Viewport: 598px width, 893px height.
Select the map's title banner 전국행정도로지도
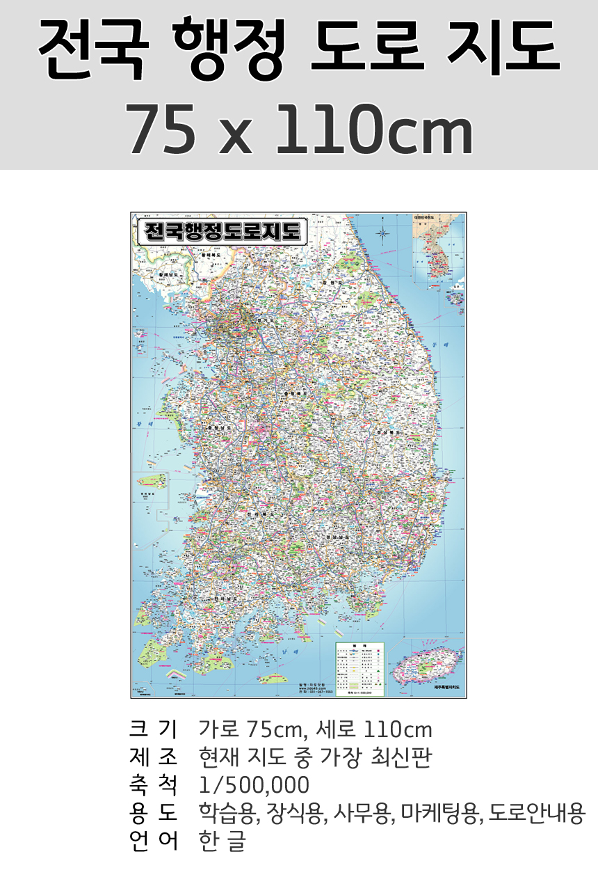(220, 231)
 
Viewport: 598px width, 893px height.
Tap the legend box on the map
(359, 668)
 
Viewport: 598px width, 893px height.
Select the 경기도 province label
(247, 321)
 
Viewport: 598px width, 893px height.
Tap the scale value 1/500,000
(254, 785)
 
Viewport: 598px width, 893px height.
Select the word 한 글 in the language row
(222, 840)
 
